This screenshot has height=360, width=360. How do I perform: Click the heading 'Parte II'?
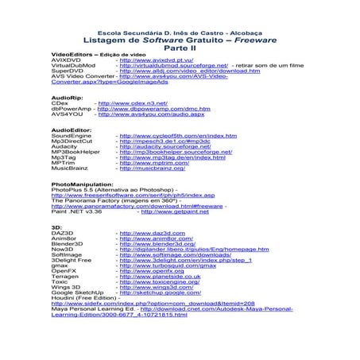[179, 47]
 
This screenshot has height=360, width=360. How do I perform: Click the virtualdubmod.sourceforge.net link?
[172, 65]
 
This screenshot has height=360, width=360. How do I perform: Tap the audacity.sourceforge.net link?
[163, 146]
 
